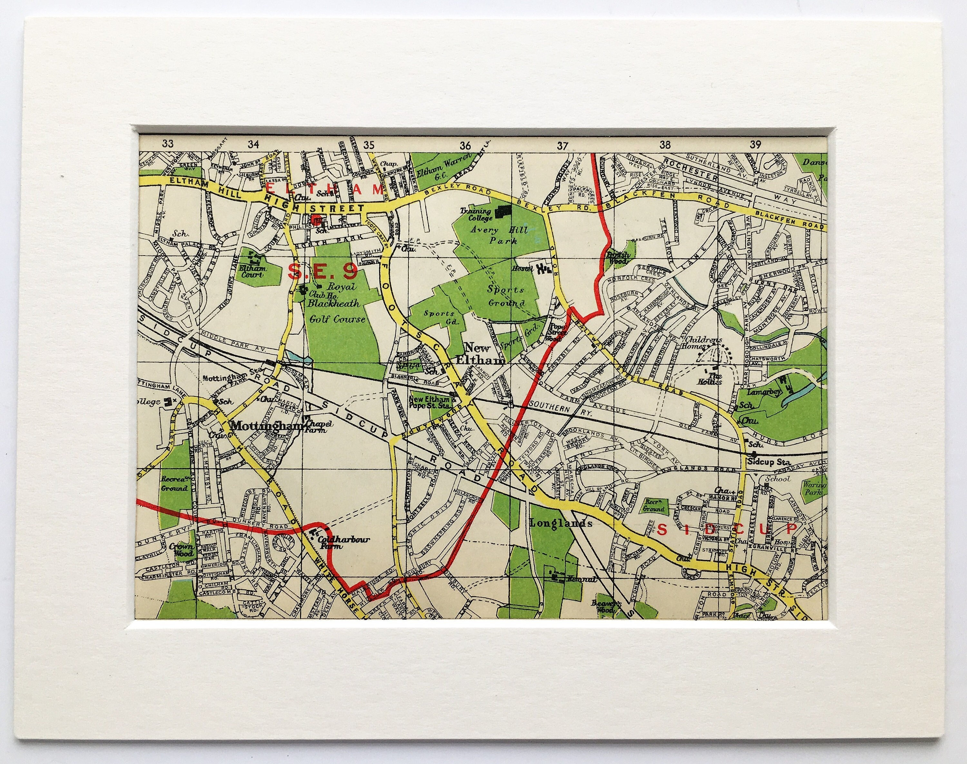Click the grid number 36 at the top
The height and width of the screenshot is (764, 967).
(x=465, y=144)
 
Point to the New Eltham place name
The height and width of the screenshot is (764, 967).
(x=485, y=353)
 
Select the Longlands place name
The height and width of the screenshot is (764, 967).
(x=561, y=523)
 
